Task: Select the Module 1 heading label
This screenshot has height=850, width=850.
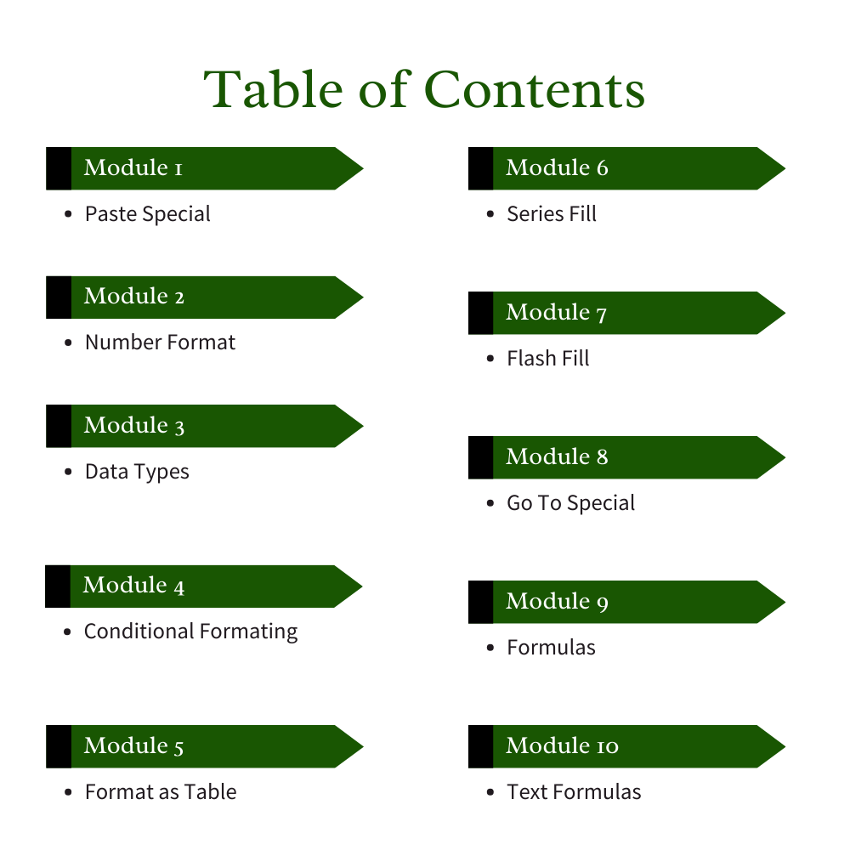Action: tap(133, 167)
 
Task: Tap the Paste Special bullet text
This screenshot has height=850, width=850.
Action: tap(147, 213)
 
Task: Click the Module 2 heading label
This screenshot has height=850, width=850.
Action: tap(134, 297)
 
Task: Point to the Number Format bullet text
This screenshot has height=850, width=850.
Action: tap(160, 343)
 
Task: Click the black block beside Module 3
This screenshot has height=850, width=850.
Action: tap(58, 426)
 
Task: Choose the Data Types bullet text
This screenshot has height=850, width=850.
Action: tap(137, 472)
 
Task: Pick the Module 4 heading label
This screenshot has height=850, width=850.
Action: tap(133, 586)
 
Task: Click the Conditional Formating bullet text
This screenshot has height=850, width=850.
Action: tap(190, 632)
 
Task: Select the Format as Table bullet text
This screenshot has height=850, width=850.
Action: tap(161, 792)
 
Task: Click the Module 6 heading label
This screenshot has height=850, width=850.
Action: tap(557, 167)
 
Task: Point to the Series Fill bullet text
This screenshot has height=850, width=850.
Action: tap(552, 213)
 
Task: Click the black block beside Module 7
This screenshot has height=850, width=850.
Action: tap(480, 313)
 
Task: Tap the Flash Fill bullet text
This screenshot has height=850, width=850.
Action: tap(548, 358)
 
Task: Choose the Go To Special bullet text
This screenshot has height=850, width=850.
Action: tap(570, 503)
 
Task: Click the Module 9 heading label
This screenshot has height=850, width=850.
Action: tap(557, 602)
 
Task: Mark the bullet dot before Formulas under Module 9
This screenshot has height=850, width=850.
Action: tap(490, 648)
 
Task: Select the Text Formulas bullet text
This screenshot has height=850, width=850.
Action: tap(574, 792)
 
